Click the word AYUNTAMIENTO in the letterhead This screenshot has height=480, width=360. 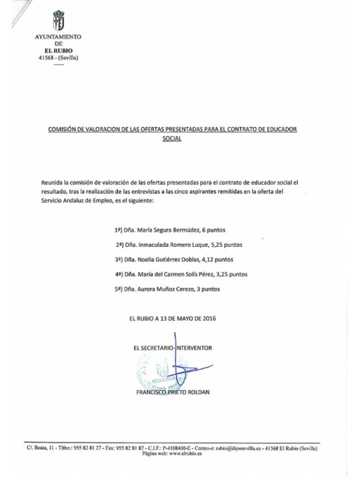click(58, 37)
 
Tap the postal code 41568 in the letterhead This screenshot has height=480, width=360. click(47, 58)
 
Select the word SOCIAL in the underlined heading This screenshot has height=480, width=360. click(171, 138)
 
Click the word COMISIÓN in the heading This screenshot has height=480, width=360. click(62, 129)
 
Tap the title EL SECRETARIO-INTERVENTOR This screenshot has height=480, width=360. click(173, 347)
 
